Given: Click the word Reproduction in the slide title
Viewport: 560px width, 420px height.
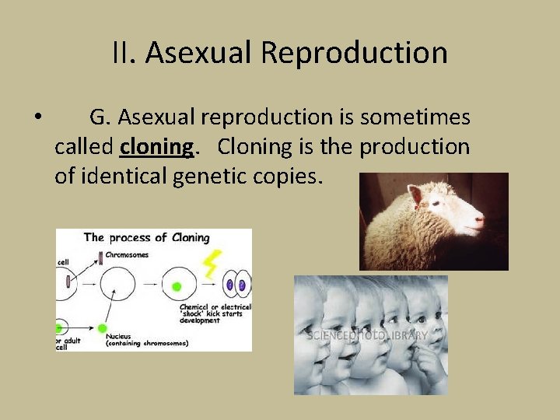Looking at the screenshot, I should [x=354, y=54].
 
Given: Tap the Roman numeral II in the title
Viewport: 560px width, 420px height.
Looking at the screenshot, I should [x=123, y=54].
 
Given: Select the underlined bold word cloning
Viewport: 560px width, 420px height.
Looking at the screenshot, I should [x=157, y=147].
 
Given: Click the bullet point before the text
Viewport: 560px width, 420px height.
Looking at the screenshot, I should [x=37, y=118].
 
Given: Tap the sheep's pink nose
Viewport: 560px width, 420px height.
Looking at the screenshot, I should [x=480, y=222].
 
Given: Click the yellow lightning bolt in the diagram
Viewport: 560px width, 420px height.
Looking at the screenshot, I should [x=210, y=264].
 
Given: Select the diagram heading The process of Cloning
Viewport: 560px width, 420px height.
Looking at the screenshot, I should [x=146, y=237].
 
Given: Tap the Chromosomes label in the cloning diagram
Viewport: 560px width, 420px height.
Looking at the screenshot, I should [x=127, y=255].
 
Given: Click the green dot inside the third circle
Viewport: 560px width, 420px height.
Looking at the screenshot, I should [x=177, y=286].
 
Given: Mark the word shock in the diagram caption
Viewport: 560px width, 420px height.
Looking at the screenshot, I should [x=194, y=314].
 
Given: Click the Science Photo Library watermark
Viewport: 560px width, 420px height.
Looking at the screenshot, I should [x=367, y=335].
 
